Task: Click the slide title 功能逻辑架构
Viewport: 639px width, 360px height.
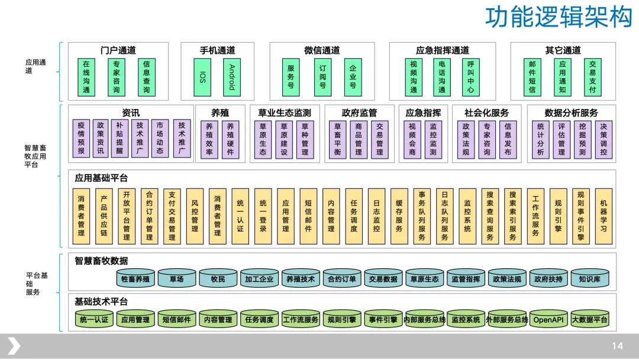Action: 559,18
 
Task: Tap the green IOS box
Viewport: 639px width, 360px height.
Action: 202,77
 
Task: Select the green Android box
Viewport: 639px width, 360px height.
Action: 232,77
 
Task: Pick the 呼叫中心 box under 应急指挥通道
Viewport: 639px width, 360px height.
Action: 470,77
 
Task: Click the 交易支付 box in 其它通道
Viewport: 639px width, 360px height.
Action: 592,77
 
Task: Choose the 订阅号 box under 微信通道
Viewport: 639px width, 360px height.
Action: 322,77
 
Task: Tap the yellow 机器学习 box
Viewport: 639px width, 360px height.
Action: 603,216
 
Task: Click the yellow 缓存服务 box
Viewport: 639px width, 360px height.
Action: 399,216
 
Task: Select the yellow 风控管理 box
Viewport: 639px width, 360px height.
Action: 195,216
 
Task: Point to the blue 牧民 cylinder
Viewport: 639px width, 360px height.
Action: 218,279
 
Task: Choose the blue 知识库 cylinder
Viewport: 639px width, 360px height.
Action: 589,279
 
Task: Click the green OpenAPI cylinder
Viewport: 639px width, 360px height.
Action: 548,320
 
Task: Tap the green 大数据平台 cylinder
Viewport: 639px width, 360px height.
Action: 589,320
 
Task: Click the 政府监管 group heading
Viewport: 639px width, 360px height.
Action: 359,112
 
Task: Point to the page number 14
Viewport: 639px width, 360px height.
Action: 617,346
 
